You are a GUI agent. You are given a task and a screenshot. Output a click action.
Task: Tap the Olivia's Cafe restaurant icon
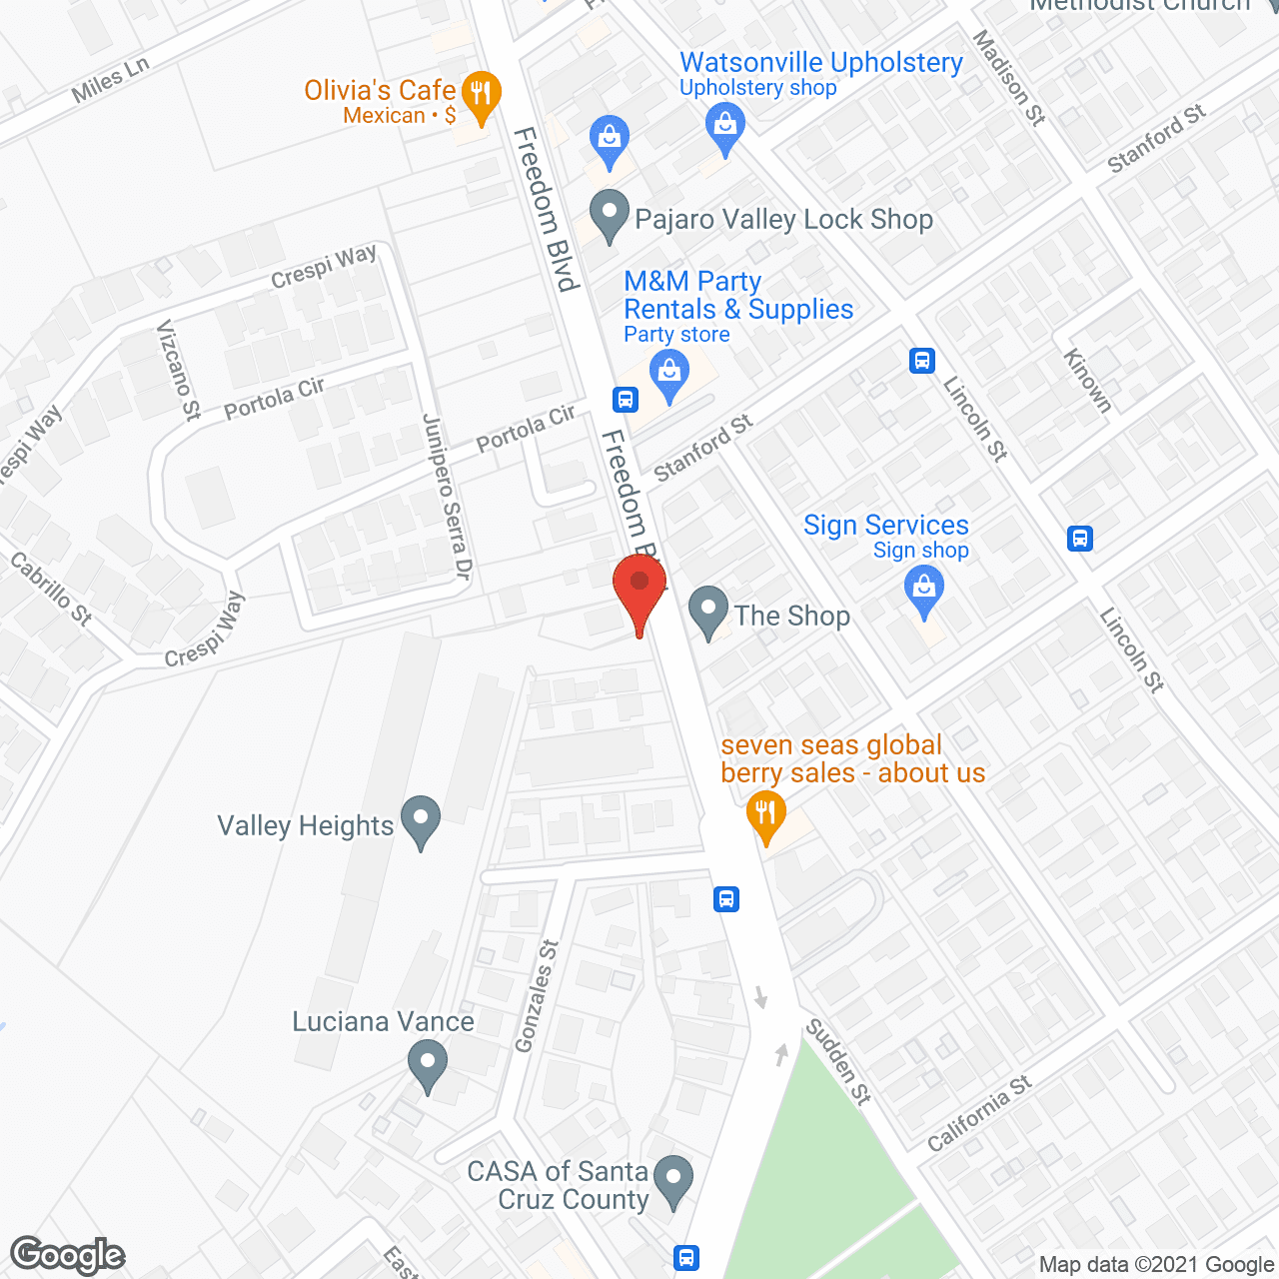(482, 97)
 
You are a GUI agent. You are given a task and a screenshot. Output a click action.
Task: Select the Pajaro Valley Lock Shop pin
(609, 214)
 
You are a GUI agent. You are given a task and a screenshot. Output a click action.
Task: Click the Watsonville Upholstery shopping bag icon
(725, 129)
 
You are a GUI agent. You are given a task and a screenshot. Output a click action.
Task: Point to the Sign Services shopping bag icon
(924, 589)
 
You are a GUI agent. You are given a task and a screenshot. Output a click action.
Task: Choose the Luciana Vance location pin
(428, 1063)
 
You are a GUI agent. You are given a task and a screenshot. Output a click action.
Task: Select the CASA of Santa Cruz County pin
(673, 1179)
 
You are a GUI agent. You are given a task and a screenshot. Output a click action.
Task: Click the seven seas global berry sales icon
(765, 814)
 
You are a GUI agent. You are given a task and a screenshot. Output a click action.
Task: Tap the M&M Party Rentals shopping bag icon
(669, 377)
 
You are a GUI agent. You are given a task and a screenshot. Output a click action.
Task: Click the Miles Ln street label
(110, 80)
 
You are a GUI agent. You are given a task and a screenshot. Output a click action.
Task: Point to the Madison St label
(1009, 77)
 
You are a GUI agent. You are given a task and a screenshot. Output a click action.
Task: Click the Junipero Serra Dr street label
(447, 497)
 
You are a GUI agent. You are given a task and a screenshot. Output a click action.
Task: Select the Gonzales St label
(536, 996)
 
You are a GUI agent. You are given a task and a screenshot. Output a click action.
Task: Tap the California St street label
(979, 1113)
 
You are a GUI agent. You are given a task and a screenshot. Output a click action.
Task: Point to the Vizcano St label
(179, 371)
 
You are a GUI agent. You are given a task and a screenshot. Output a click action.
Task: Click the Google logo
(68, 1255)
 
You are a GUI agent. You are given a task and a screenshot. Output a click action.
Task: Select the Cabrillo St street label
(51, 590)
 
